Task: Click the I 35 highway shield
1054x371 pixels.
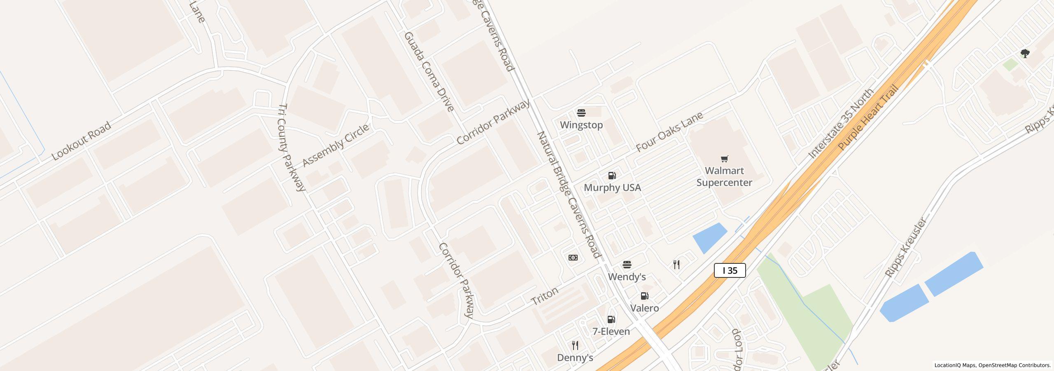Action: pos(730,270)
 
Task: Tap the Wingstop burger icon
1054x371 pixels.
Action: pos(581,113)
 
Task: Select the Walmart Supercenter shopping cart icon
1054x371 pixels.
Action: pos(724,159)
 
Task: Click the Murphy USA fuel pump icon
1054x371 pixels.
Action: pos(612,176)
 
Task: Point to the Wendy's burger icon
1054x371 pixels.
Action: pos(627,264)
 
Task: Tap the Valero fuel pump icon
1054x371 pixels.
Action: pos(644,296)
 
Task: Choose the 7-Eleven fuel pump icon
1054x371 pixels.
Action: pos(611,319)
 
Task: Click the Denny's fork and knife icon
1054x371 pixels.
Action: pos(575,345)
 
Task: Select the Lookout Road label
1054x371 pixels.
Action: pos(81,141)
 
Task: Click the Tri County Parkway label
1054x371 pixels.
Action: pos(291,147)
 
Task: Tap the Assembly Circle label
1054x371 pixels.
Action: pos(336,146)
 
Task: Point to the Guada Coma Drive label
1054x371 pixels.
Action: pos(429,72)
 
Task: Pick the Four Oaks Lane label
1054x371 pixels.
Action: pos(669,131)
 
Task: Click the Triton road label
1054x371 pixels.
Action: pos(545,296)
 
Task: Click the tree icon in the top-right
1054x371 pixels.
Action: pos(1025,54)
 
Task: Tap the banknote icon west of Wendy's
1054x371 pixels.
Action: pos(573,258)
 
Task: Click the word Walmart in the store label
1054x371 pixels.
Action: pos(724,171)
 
